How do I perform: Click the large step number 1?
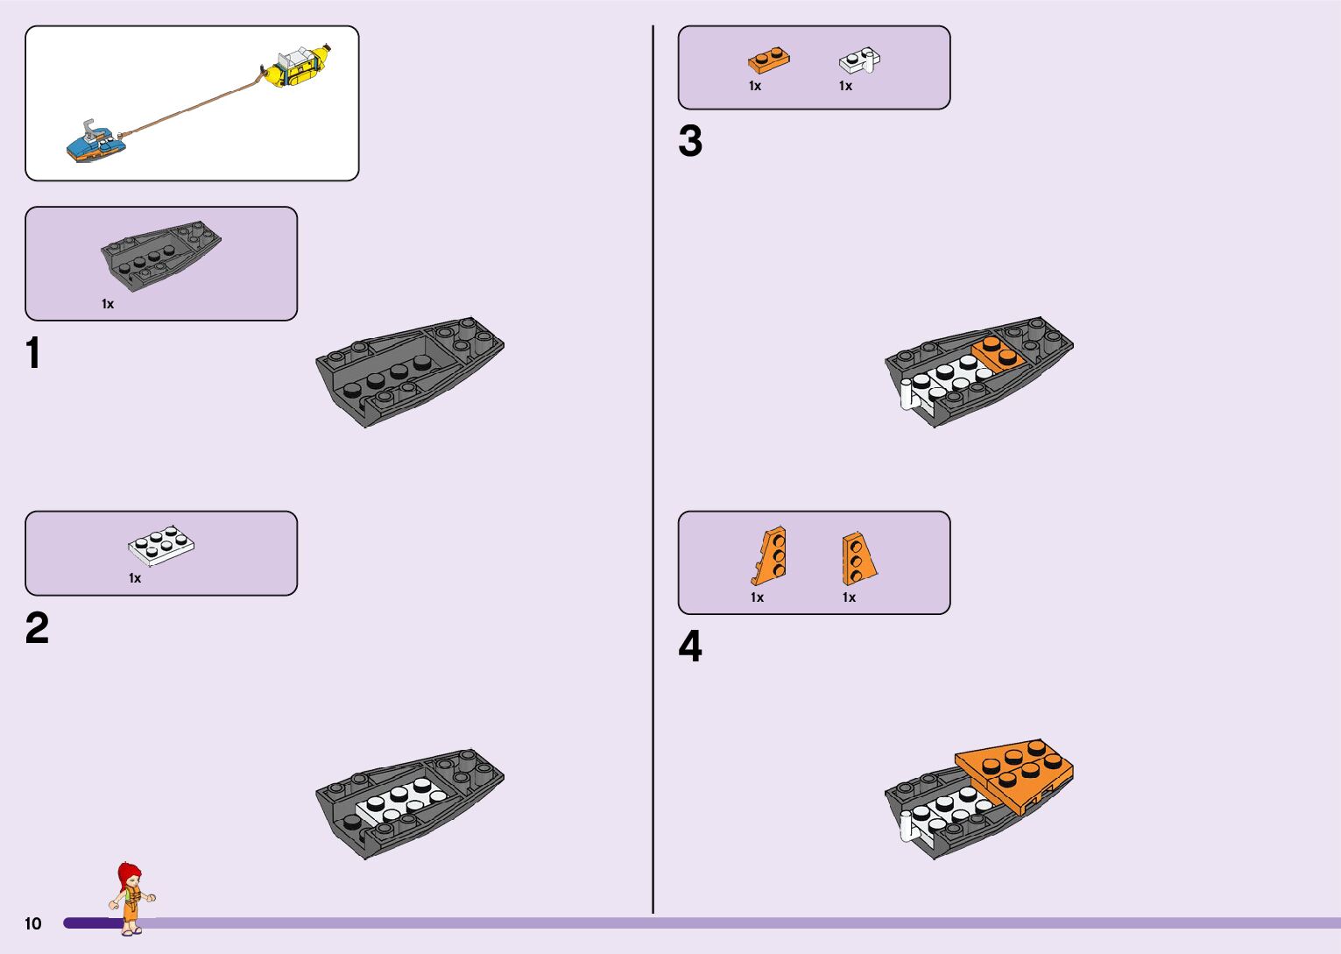pyautogui.click(x=33, y=354)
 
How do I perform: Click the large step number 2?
pyautogui.click(x=37, y=629)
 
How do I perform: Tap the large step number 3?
pyautogui.click(x=690, y=142)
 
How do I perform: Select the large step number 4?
pyautogui.click(x=690, y=647)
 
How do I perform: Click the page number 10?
pyautogui.click(x=33, y=923)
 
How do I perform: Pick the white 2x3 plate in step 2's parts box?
pyautogui.click(x=161, y=545)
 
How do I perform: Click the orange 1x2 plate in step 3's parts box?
pyautogui.click(x=769, y=60)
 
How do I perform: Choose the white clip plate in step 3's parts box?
pyautogui.click(x=860, y=60)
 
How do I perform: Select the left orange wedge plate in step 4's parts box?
pyautogui.click(x=770, y=555)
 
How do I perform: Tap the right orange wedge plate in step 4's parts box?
pyautogui.click(x=858, y=558)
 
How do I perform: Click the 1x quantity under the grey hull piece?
pyautogui.click(x=108, y=304)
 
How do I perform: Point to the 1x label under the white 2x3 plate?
pyautogui.click(x=135, y=578)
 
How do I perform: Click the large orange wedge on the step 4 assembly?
pyautogui.click(x=1016, y=771)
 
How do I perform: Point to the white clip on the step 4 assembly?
pyautogui.click(x=907, y=827)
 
